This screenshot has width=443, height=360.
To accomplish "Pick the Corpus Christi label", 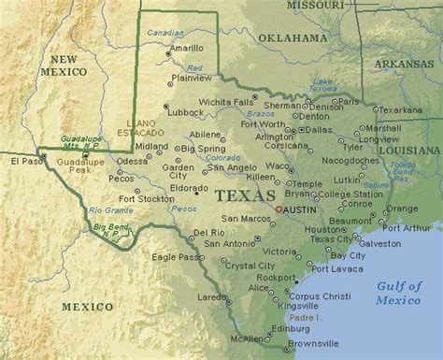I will point(311,294).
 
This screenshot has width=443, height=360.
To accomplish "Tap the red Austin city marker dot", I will point(278,209).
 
